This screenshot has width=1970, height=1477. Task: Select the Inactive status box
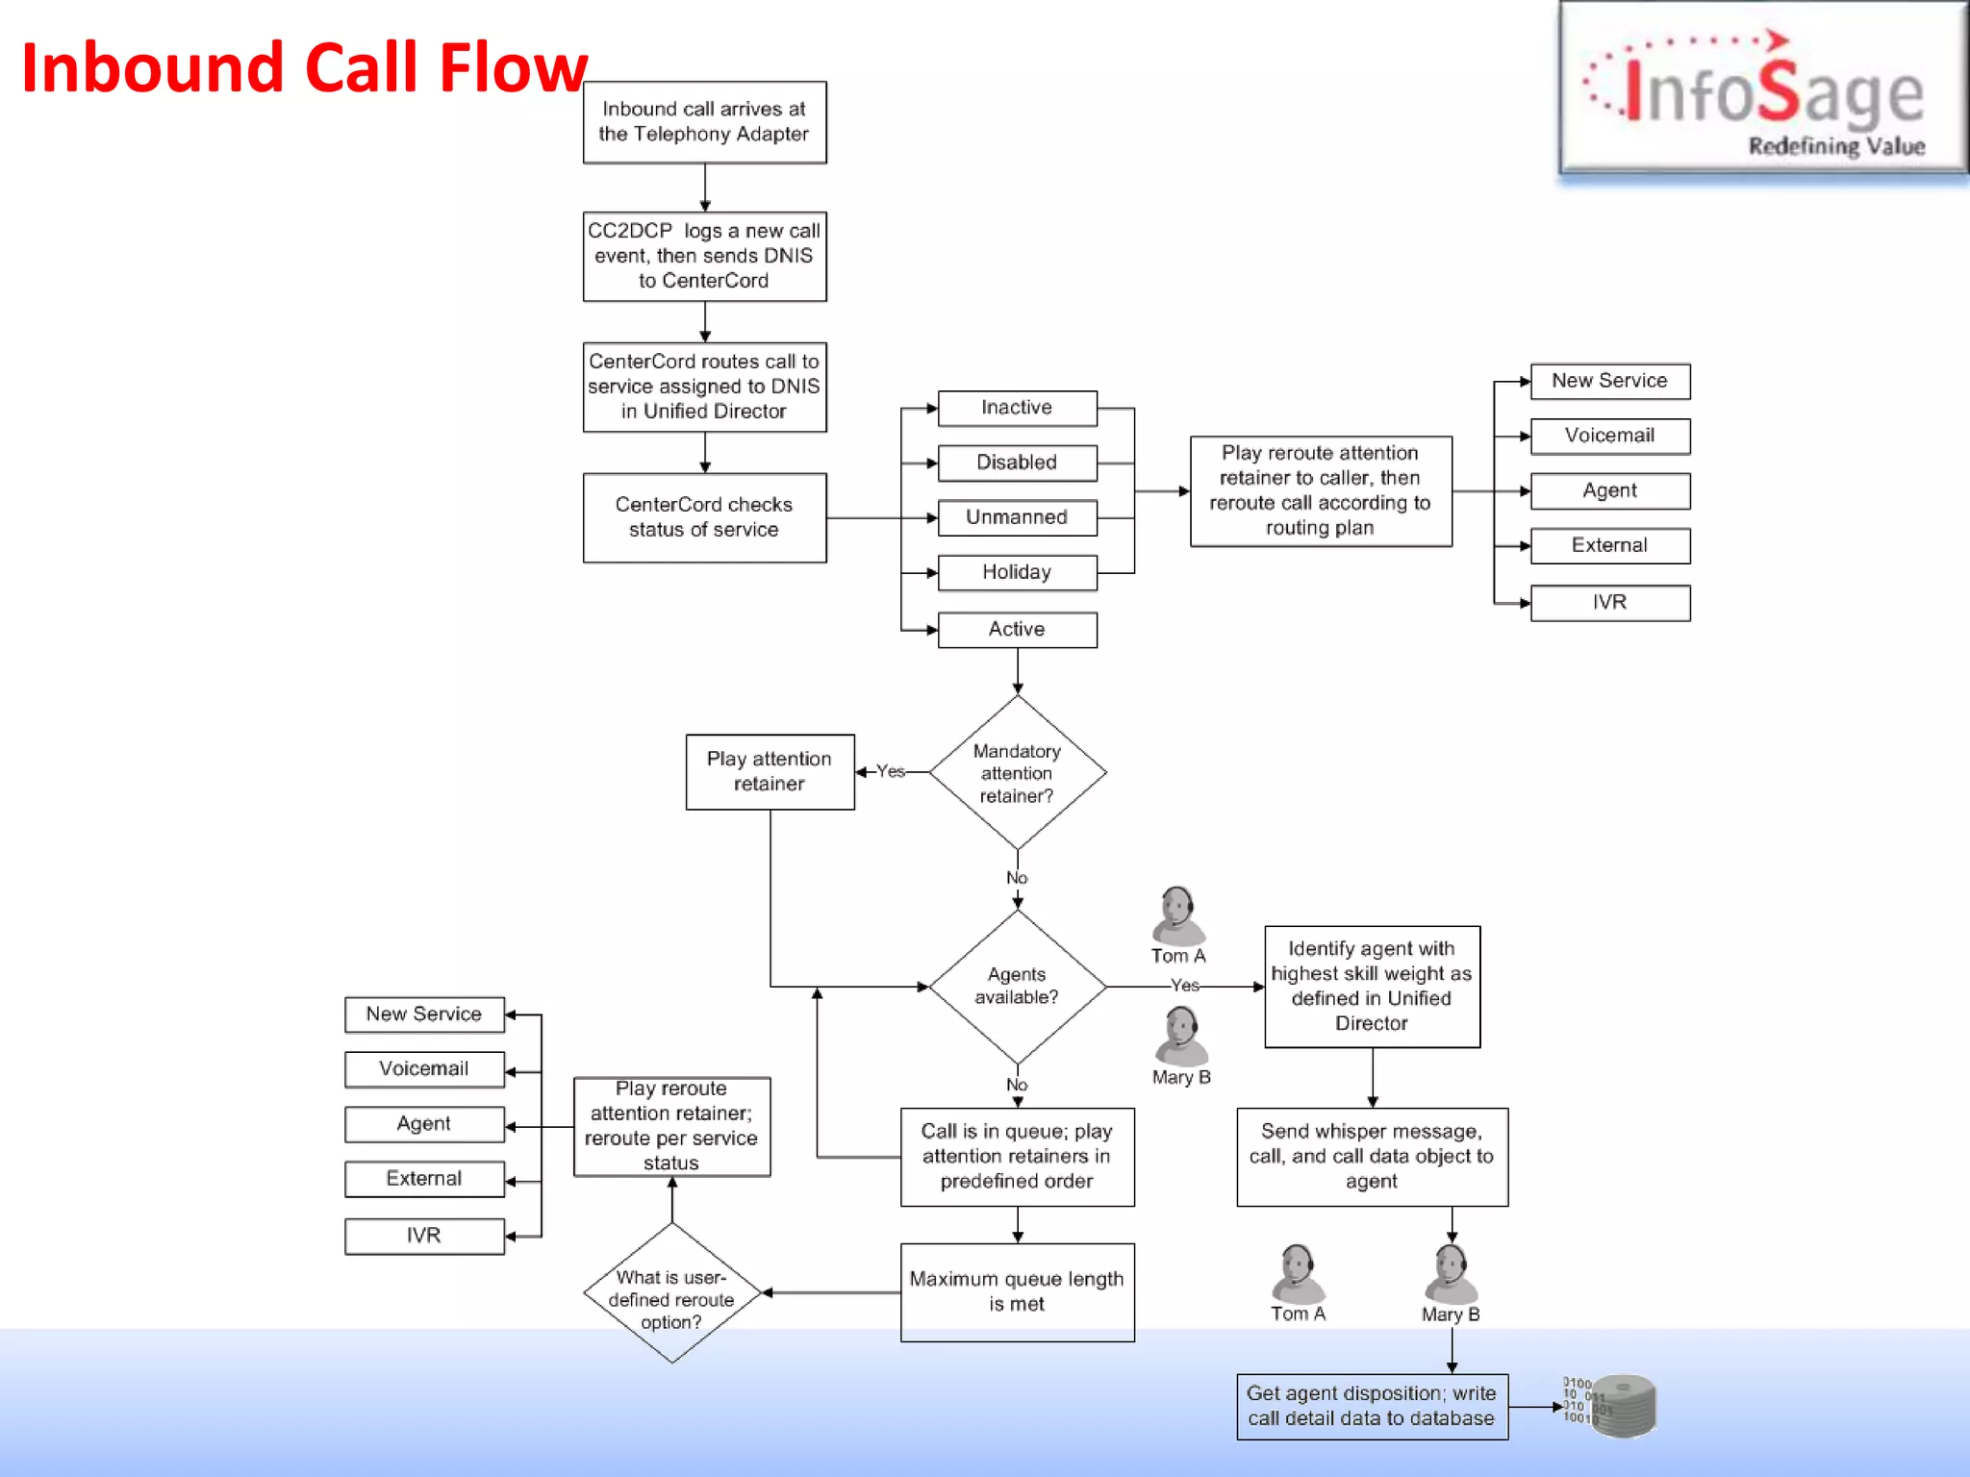point(1017,408)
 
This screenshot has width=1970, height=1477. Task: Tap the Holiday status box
point(1017,572)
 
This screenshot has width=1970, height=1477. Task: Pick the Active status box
point(1017,629)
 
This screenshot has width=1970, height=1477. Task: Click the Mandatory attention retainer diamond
point(1017,773)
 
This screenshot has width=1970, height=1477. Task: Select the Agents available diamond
point(1017,986)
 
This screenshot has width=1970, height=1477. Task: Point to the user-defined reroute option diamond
point(671,1294)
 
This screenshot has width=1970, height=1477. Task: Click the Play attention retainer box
point(770,771)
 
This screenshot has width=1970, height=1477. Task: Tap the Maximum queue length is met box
point(1017,1291)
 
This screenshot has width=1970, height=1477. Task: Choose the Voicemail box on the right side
point(1609,436)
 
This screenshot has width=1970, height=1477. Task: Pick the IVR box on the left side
point(424,1236)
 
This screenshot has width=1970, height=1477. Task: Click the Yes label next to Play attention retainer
point(891,771)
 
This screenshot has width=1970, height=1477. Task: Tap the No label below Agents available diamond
point(1017,1085)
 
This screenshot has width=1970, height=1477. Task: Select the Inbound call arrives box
point(704,122)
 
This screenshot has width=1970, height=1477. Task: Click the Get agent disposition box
point(1372,1406)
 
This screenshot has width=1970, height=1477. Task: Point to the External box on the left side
point(424,1179)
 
